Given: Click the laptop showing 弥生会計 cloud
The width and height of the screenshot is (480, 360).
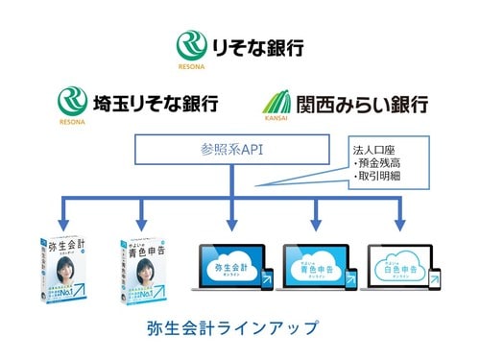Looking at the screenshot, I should coord(229,263).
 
